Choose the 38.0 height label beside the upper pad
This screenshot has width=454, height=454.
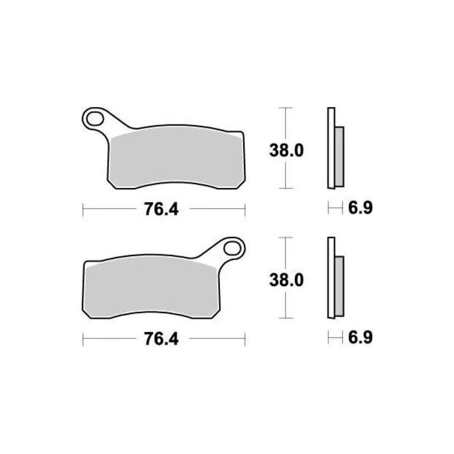(x=287, y=150)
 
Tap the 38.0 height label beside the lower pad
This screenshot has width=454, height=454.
(x=287, y=280)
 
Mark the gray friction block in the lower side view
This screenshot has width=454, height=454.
(x=339, y=285)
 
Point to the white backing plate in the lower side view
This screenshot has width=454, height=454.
(x=331, y=278)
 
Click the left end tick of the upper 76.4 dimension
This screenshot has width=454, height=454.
(x=84, y=209)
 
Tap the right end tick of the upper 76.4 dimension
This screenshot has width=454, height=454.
(x=245, y=209)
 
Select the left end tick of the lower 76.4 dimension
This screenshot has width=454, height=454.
(x=84, y=339)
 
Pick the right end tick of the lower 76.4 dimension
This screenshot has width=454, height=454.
(x=245, y=339)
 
